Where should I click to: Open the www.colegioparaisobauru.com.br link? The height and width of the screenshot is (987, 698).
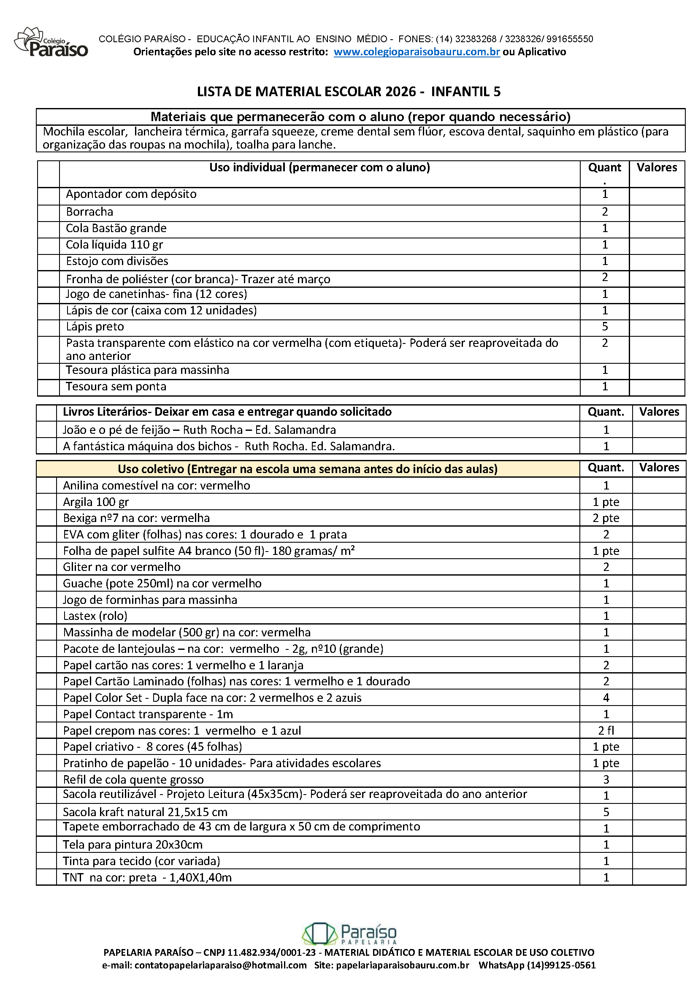pyautogui.click(x=417, y=52)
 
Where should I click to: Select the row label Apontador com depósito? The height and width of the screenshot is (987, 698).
pyautogui.click(x=131, y=194)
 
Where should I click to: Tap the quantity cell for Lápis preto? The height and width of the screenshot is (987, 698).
pyautogui.click(x=605, y=327)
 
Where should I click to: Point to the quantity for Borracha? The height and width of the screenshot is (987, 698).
pyautogui.click(x=605, y=212)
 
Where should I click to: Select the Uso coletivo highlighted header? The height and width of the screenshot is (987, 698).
pyautogui.click(x=308, y=469)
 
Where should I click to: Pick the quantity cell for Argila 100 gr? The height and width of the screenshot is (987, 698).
pyautogui.click(x=606, y=502)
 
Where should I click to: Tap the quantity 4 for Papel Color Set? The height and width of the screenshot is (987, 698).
pyautogui.click(x=606, y=698)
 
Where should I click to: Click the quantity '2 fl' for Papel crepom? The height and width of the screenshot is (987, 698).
pyautogui.click(x=606, y=730)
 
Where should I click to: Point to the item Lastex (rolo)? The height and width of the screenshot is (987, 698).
pyautogui.click(x=95, y=616)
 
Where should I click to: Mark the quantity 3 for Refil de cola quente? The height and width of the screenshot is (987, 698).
pyautogui.click(x=606, y=779)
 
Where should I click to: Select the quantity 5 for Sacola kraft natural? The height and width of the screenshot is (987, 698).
pyautogui.click(x=606, y=812)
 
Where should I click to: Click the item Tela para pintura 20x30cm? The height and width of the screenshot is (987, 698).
pyautogui.click(x=133, y=845)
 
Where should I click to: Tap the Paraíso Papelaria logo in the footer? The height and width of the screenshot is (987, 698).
pyautogui.click(x=349, y=934)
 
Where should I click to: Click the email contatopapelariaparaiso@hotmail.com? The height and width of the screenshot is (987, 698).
pyautogui.click(x=220, y=965)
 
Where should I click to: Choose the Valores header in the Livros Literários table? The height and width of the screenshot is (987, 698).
pyautogui.click(x=659, y=412)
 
